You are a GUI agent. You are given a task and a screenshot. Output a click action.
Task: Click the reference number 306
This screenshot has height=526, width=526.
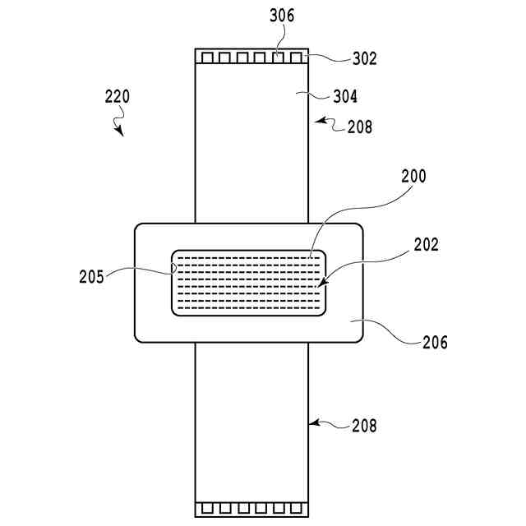281,15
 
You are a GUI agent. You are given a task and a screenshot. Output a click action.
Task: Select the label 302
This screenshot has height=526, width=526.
343,59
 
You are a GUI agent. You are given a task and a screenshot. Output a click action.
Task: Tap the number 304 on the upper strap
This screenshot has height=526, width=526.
345,96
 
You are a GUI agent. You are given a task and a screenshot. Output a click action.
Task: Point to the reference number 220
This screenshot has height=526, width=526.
117,97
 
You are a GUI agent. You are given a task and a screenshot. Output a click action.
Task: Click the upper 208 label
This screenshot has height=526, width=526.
359,127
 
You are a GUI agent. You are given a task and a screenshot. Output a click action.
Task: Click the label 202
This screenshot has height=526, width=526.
427,244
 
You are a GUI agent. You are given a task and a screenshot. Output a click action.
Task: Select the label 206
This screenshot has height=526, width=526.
435,343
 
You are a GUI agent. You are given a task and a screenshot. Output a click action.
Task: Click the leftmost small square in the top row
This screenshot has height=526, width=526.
207,58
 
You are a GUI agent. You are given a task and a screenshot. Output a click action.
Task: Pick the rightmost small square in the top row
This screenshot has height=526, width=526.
296,58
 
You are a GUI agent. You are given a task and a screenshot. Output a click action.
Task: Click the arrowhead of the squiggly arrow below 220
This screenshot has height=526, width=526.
121,134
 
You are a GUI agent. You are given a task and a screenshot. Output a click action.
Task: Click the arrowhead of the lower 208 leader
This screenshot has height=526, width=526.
311,423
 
